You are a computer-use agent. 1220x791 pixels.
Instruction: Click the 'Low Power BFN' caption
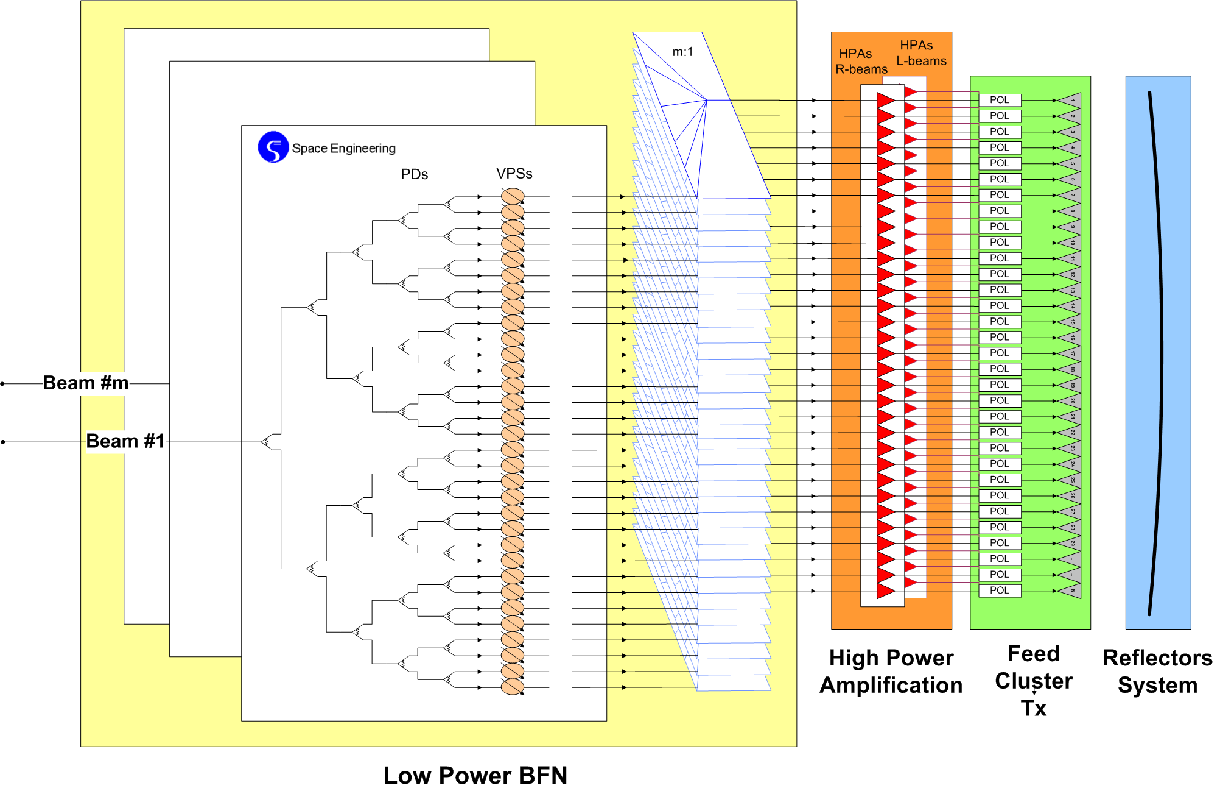[x=475, y=775]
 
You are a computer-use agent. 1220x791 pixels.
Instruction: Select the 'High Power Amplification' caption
[x=891, y=672]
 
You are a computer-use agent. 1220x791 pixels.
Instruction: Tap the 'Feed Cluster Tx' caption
[x=1034, y=681]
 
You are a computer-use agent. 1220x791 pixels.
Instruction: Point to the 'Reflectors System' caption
[x=1157, y=672]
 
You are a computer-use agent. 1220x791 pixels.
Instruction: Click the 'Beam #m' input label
[x=86, y=383]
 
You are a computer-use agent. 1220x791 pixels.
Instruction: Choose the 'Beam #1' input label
[x=125, y=441]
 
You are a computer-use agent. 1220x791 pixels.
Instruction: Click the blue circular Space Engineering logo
[x=273, y=147]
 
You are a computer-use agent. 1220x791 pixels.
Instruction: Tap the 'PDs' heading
[x=414, y=174]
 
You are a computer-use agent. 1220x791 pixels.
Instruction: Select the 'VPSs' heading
[x=514, y=174]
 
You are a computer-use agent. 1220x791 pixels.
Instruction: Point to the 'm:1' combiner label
[x=682, y=52]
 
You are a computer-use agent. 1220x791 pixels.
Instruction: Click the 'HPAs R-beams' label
[x=861, y=62]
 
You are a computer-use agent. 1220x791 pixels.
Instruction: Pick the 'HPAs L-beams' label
[x=921, y=53]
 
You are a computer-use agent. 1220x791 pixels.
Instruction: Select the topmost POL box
[x=1000, y=100]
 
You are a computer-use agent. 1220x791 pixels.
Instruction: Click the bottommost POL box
[x=1000, y=591]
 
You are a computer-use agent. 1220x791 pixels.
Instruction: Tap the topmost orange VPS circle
[x=513, y=196]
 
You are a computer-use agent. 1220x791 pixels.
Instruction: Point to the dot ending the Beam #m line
[x=3, y=384]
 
